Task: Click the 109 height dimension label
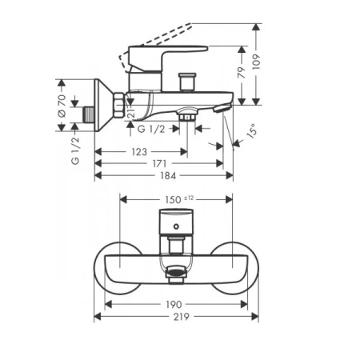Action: click(x=256, y=62)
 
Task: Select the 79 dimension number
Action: click(x=242, y=72)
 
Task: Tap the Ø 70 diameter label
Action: click(x=62, y=106)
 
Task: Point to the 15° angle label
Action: click(x=252, y=130)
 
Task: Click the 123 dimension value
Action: click(x=139, y=152)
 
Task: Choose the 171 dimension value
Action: click(x=159, y=163)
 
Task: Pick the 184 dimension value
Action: click(x=168, y=176)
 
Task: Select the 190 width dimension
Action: click(x=174, y=304)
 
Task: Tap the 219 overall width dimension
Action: click(x=182, y=317)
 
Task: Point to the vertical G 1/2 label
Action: click(x=75, y=150)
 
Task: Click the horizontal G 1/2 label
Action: click(x=151, y=129)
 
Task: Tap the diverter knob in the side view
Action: click(x=188, y=82)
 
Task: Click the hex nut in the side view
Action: click(x=119, y=105)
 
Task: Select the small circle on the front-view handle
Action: click(x=176, y=226)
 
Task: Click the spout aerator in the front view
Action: click(x=175, y=273)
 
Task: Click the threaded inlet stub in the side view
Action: click(x=89, y=115)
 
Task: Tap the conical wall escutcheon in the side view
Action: click(x=103, y=106)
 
